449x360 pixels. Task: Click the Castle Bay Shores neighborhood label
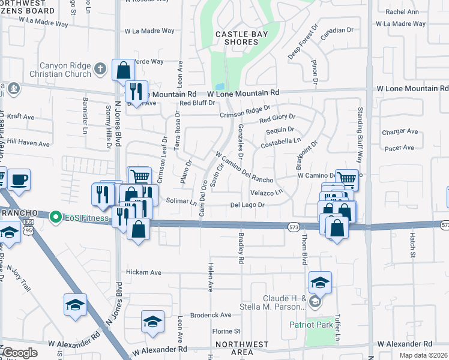click(x=241, y=38)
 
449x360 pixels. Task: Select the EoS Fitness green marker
click(x=56, y=216)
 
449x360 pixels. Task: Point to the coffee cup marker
click(x=19, y=179)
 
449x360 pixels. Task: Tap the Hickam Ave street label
click(x=143, y=272)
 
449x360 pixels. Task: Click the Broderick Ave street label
click(x=211, y=315)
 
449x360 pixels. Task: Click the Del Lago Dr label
click(x=247, y=205)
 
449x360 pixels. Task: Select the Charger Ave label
click(x=400, y=131)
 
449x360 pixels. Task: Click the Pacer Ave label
click(x=400, y=148)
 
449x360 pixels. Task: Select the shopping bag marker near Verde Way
click(x=123, y=70)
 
